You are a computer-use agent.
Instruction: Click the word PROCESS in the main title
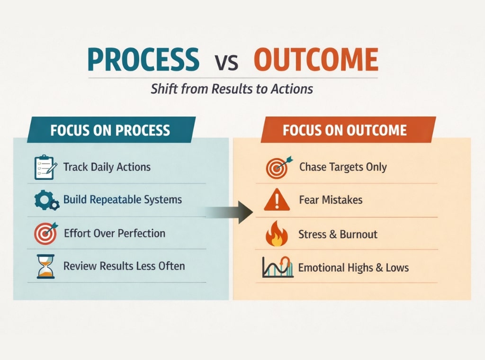pos(144,60)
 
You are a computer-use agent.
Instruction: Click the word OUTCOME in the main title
pos(316,60)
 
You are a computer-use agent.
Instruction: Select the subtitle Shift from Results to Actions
pos(232,89)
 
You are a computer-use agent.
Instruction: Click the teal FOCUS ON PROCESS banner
pos(110,130)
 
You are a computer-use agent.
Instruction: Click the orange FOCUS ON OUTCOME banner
pos(345,130)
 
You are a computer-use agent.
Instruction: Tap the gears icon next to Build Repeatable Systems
pos(46,200)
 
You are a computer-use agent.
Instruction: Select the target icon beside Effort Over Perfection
pos(45,233)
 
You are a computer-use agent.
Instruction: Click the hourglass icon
pos(46,266)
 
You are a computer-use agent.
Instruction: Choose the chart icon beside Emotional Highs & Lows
pos(277,267)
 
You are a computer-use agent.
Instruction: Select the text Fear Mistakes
pos(331,199)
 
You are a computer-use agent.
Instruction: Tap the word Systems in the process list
pos(163,199)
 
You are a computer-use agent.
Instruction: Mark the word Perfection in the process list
pos(141,233)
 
